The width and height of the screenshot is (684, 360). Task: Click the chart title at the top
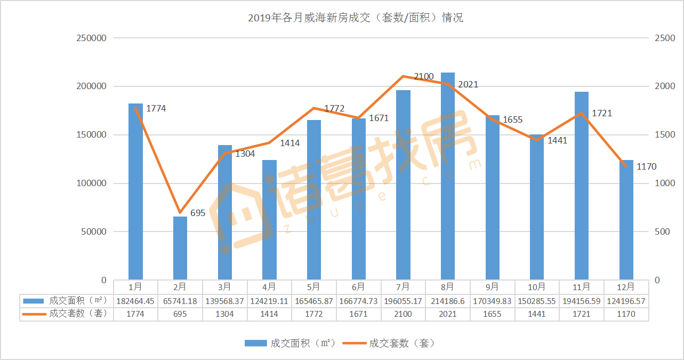[x=356, y=18]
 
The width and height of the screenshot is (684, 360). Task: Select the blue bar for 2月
[x=180, y=248]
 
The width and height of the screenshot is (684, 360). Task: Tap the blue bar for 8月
[x=448, y=176]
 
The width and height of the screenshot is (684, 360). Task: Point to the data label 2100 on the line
[x=424, y=77]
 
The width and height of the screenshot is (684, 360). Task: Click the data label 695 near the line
[x=198, y=213]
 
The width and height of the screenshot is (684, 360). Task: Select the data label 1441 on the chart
[x=557, y=141]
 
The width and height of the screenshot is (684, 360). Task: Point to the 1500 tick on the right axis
[x=665, y=135]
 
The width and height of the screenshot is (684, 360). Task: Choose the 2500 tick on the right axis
[x=665, y=38]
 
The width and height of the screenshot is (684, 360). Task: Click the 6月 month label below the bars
[x=358, y=286]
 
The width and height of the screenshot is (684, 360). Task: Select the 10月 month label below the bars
[x=537, y=286]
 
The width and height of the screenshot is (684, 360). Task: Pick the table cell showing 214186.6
[x=448, y=301]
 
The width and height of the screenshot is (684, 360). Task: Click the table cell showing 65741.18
[x=180, y=301]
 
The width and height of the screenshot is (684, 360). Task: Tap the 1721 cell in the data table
[x=582, y=314]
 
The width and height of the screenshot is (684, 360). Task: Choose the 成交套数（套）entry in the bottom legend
[x=389, y=343]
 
